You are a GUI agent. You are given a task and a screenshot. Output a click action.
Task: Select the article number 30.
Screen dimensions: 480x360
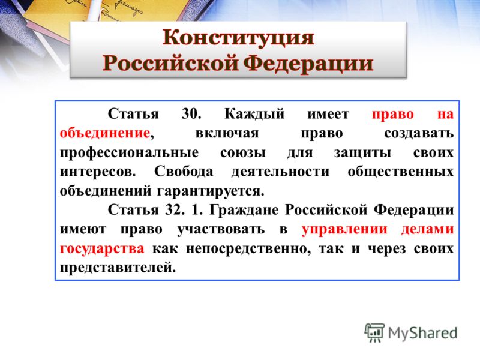(x=191, y=114)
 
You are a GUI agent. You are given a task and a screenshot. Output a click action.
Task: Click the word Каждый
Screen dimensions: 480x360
(x=254, y=115)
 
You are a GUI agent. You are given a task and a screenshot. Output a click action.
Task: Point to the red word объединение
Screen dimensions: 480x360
(x=105, y=133)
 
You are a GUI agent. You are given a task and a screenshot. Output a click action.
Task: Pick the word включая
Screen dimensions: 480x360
(x=227, y=133)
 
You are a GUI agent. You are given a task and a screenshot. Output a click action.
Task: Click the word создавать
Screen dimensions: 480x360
(x=419, y=133)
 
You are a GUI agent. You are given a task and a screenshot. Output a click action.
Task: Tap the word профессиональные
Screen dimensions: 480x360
(x=129, y=153)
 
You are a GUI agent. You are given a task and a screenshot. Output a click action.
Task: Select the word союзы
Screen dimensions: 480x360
(x=243, y=153)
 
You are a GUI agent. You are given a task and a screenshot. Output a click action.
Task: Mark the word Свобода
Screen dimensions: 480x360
(x=184, y=172)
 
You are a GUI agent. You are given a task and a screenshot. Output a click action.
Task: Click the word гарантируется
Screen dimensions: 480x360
(x=211, y=191)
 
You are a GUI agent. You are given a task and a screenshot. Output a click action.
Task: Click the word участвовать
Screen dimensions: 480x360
(x=221, y=230)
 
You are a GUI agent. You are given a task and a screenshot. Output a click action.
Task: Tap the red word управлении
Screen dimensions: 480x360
(x=344, y=230)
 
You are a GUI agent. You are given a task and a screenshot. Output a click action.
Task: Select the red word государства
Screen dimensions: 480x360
(x=102, y=249)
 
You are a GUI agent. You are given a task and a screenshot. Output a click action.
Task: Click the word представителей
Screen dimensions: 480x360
(x=118, y=268)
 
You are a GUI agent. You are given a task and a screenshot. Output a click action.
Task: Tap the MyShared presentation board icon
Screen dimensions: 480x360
(x=374, y=332)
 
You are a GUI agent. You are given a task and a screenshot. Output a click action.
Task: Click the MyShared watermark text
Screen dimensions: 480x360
(x=422, y=333)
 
